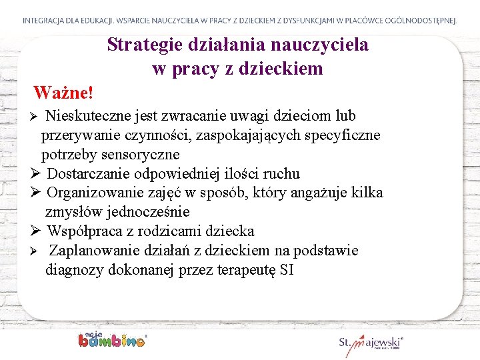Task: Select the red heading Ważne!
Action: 63,91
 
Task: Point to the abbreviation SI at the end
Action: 287,270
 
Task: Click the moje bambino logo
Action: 111,339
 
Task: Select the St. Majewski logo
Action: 371,343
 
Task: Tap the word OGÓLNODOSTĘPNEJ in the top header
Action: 423,21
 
